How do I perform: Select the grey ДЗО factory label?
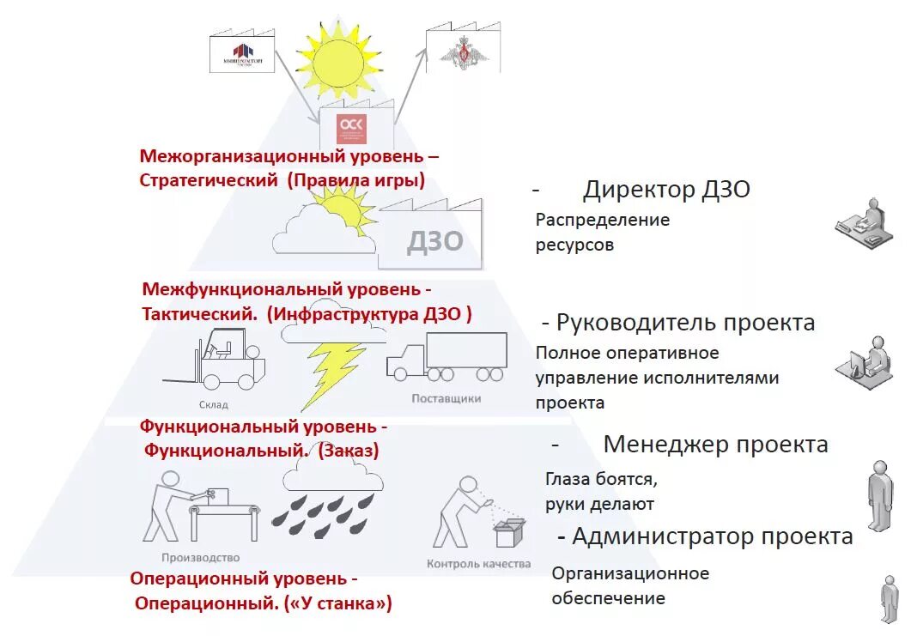434,240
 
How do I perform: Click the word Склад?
214,404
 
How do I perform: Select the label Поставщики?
446,398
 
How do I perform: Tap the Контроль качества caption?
478,564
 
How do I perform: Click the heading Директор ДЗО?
666,189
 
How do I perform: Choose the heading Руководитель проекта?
685,323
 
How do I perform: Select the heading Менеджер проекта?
715,444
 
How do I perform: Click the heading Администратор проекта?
712,536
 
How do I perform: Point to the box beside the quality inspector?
510,533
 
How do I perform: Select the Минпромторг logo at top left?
243,53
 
